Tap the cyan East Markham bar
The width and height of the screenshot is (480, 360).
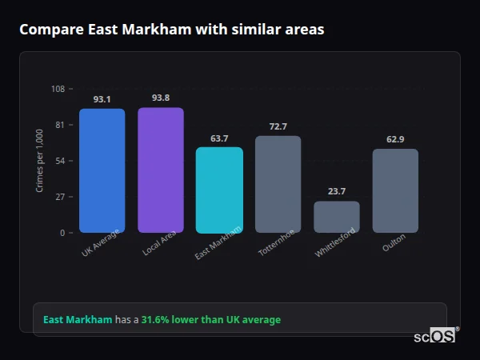pos(219,190)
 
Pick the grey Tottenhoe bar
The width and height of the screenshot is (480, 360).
pos(278,184)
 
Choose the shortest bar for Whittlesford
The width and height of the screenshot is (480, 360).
pos(336,217)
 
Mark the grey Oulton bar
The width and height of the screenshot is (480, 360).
pos(395,190)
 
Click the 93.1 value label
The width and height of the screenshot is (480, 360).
pos(102,100)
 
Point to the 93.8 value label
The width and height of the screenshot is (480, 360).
pos(160,98)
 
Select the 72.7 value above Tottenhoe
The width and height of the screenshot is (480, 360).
pos(278,126)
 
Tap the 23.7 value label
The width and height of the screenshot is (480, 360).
pos(336,192)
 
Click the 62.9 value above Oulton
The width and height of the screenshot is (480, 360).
pos(395,140)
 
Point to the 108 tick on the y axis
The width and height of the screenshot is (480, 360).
pos(58,89)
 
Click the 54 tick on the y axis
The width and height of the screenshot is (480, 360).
pos(60,161)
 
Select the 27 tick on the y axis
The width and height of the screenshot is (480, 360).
pos(60,197)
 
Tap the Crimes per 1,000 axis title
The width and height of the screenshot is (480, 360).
pos(40,161)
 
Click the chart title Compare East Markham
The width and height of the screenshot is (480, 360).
pos(171,30)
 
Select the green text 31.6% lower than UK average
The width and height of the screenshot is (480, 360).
pos(211,320)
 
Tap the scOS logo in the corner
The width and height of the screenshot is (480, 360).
pos(434,336)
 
